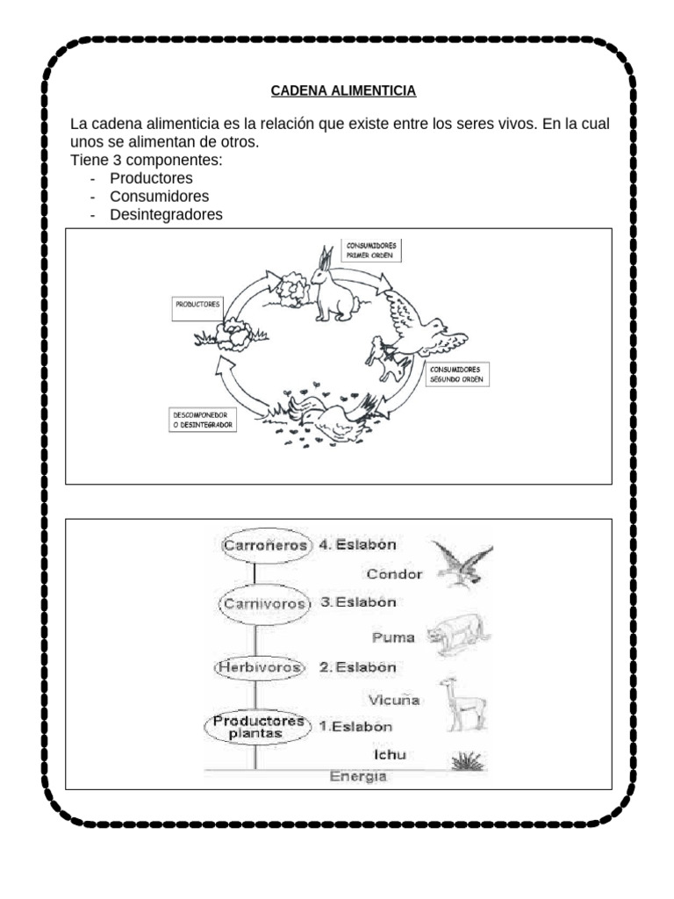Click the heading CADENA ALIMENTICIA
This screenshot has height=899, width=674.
tap(343, 90)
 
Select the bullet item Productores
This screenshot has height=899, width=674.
tap(151, 178)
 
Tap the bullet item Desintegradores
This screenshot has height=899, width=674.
tap(166, 214)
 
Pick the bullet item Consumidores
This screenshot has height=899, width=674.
tap(159, 196)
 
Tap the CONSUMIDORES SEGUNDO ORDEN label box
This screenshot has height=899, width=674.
tap(455, 375)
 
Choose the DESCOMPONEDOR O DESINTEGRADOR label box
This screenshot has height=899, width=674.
tap(202, 420)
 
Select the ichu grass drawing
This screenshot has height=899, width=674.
tap(466, 760)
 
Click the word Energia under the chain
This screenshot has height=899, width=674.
tap(357, 777)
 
